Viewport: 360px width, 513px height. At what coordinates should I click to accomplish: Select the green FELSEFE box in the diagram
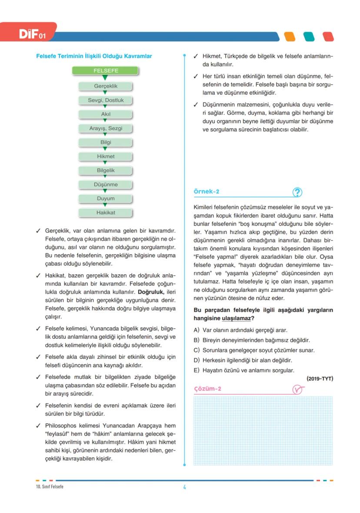click(x=105, y=71)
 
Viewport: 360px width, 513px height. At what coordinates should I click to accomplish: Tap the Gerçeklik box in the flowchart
click(x=105, y=86)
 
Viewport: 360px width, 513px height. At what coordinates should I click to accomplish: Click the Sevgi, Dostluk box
click(x=105, y=100)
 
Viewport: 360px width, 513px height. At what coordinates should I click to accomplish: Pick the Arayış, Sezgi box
click(x=105, y=128)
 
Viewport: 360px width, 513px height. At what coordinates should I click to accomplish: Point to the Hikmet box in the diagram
click(x=105, y=157)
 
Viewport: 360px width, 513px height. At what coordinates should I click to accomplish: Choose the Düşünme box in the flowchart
click(x=105, y=184)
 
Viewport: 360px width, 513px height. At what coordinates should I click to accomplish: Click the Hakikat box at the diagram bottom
click(x=105, y=213)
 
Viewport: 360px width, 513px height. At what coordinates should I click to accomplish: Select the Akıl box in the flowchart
click(x=105, y=114)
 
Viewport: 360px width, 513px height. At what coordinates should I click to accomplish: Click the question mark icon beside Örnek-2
click(x=298, y=192)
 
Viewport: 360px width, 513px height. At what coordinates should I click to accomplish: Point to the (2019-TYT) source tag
click(x=320, y=379)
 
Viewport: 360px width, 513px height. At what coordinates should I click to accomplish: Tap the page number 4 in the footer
click(x=184, y=487)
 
